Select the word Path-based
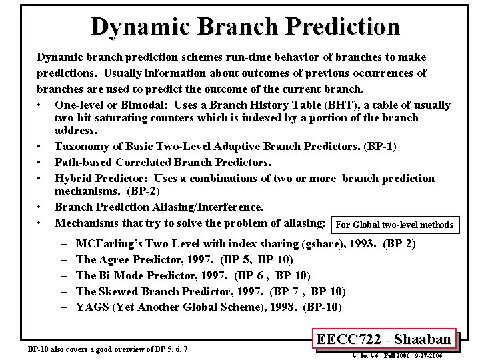tap(83, 162)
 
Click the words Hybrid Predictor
tap(103, 178)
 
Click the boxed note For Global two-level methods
tap(396, 225)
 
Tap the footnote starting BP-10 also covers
tap(107, 349)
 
